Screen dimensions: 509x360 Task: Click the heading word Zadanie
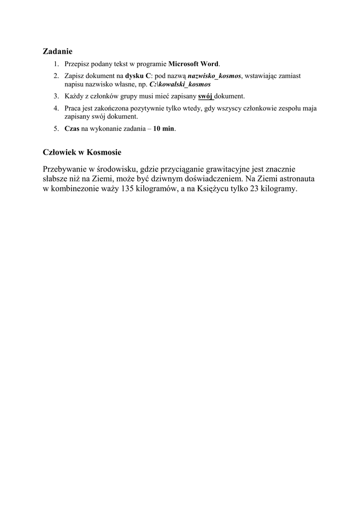pyautogui.click(x=58, y=51)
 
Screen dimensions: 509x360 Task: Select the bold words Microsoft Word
pyautogui.click(x=193, y=64)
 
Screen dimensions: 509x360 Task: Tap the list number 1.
pyautogui.click(x=57, y=64)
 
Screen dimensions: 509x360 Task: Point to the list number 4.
pyautogui.click(x=57, y=108)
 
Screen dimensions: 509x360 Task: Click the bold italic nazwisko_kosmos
pyautogui.click(x=214, y=76)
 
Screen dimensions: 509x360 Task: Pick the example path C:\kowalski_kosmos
pyautogui.click(x=180, y=85)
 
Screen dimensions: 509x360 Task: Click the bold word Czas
pyautogui.click(x=72, y=129)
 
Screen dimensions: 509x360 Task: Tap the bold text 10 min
pyautogui.click(x=164, y=129)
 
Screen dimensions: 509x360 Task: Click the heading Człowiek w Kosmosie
pyautogui.click(x=82, y=152)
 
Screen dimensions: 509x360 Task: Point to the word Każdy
pyautogui.click(x=73, y=96)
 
